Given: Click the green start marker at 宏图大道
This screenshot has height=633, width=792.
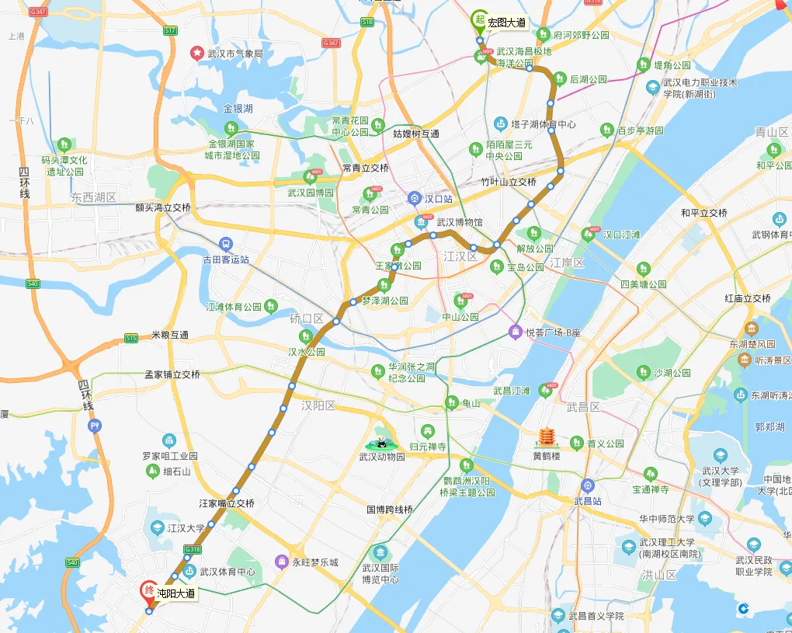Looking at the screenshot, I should click(x=480, y=20).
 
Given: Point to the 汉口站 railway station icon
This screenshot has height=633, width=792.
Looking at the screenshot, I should click(x=415, y=199).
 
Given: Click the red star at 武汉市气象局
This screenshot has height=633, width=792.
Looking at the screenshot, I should click(x=197, y=54).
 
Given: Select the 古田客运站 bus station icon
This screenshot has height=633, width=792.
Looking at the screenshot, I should click(x=226, y=243).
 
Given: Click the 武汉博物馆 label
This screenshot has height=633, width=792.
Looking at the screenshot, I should click(x=460, y=222).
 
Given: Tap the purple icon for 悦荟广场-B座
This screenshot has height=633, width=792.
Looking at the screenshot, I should click(x=515, y=332).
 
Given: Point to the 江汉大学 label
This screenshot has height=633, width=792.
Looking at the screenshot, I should click(x=186, y=528).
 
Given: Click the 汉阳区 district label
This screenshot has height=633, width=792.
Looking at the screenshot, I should click(x=318, y=405).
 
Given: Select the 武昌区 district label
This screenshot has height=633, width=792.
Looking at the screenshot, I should click(x=583, y=407).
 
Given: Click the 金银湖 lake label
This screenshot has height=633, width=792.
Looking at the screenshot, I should click(x=238, y=109).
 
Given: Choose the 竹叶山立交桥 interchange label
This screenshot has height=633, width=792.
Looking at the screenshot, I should click(x=509, y=182).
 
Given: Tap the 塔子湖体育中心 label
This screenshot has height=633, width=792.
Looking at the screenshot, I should click(x=544, y=124).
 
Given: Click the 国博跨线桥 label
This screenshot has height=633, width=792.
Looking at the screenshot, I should click(x=390, y=510).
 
